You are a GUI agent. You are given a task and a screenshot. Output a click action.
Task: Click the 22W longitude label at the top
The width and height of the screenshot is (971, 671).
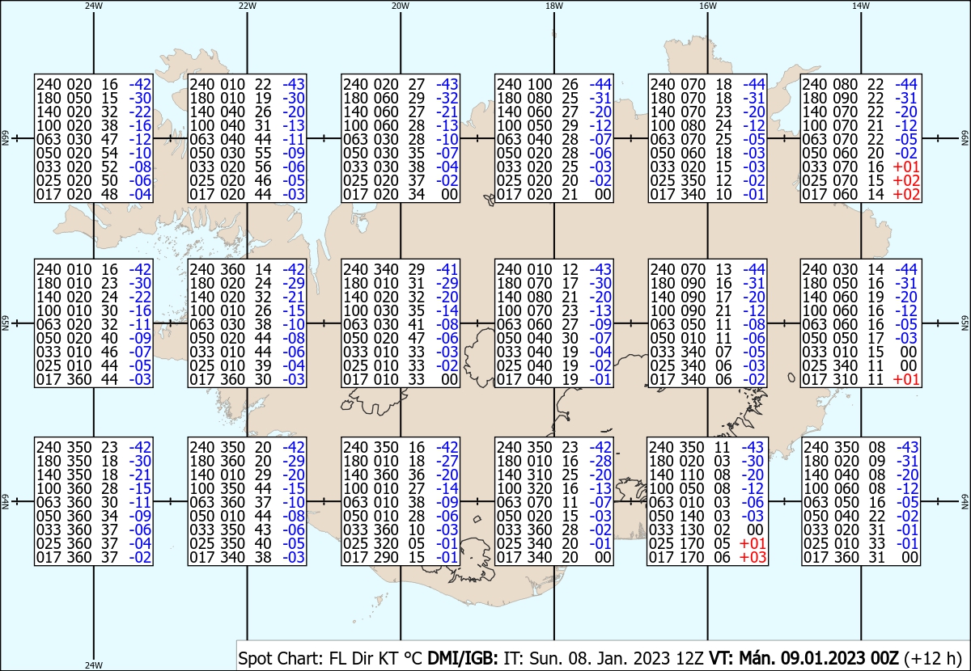point(248,6)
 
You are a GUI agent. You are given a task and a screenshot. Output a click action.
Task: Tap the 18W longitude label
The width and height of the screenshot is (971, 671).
point(554,6)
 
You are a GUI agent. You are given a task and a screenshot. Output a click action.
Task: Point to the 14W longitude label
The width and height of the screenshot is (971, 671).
point(861,6)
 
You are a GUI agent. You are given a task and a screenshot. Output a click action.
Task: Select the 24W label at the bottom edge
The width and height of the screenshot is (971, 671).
point(94,665)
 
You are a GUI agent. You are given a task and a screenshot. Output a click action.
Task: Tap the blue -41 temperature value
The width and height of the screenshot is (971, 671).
point(447,269)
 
